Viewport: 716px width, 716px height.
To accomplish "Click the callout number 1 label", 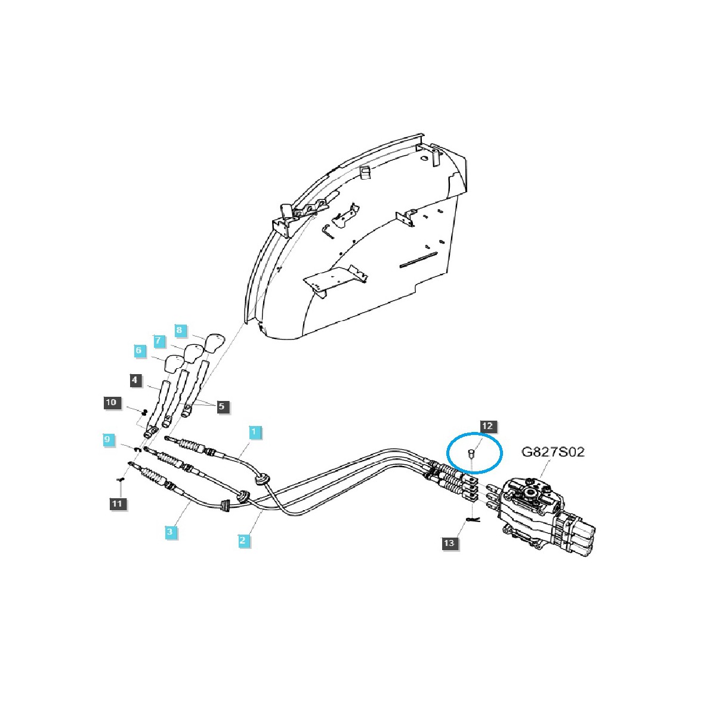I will tap(254, 431).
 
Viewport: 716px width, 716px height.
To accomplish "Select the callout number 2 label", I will tap(243, 541).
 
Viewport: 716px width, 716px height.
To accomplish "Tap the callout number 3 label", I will tap(171, 531).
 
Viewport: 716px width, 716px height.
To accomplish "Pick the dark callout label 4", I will tap(136, 379).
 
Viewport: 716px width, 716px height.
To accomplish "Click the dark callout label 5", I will tap(221, 406).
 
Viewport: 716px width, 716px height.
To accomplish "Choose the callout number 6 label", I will tap(139, 351).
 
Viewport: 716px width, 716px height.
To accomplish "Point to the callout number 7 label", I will tap(158, 341).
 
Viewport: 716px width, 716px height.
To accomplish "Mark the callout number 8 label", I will tap(178, 329).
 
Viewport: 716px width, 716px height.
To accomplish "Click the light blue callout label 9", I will tap(107, 440).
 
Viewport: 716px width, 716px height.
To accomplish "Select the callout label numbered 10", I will tap(111, 403).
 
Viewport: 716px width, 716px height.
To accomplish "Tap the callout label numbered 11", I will tap(118, 504).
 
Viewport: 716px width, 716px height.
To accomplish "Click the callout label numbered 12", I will tap(487, 426).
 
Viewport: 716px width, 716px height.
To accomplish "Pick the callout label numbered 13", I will tap(449, 543).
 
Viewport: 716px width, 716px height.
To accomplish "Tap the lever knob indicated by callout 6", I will tap(173, 363).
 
